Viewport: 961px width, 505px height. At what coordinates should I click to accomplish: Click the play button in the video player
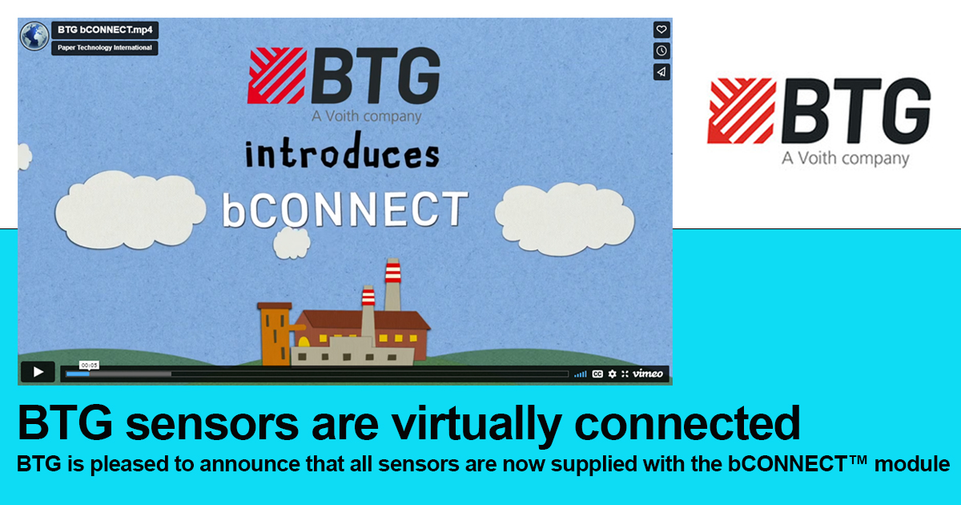[37, 372]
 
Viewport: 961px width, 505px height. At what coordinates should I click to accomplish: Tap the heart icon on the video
[661, 30]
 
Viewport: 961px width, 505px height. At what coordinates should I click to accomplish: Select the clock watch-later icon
[661, 50]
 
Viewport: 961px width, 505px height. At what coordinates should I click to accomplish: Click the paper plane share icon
[661, 71]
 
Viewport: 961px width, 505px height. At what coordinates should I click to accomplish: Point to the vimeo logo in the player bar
[648, 374]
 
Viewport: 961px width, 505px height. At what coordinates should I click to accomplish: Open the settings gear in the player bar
[613, 374]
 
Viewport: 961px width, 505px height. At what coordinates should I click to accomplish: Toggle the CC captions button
[597, 374]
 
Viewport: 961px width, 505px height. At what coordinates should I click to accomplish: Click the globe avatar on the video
[34, 35]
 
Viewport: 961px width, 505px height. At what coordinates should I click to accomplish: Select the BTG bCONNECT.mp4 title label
[105, 30]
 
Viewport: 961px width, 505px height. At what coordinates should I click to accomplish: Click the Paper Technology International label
[105, 47]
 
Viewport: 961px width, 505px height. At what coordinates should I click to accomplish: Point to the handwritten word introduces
[343, 153]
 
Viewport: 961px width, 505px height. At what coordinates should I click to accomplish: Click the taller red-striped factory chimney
[392, 285]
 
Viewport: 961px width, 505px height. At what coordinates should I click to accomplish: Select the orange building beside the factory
[274, 333]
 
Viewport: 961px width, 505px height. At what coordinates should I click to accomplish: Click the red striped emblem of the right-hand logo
[741, 111]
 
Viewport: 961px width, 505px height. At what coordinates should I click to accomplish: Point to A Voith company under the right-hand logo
[846, 158]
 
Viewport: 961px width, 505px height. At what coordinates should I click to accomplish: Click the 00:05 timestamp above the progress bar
[89, 365]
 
